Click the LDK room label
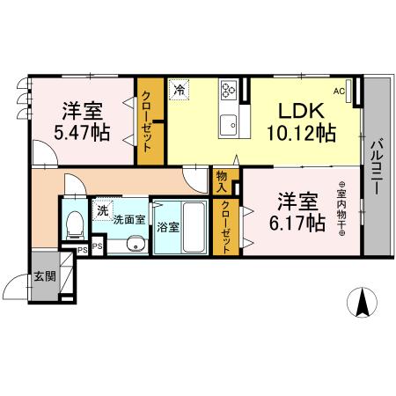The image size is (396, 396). click(x=303, y=112)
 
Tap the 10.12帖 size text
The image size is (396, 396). click(x=302, y=134)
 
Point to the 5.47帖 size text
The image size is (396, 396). click(x=82, y=134)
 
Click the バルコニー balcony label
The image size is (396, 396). click(x=376, y=167)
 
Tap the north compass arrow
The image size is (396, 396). click(x=361, y=304)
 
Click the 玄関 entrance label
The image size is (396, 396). click(x=44, y=275)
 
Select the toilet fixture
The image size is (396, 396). click(x=75, y=224)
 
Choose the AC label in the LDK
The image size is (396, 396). click(x=339, y=90)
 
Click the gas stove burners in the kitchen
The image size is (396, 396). click(x=230, y=89)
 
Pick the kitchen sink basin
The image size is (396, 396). click(x=229, y=122)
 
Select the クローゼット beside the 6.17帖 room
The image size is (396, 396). click(x=226, y=227)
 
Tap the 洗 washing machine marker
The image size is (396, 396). click(x=104, y=209)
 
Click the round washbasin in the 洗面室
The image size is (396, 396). click(x=135, y=244)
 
